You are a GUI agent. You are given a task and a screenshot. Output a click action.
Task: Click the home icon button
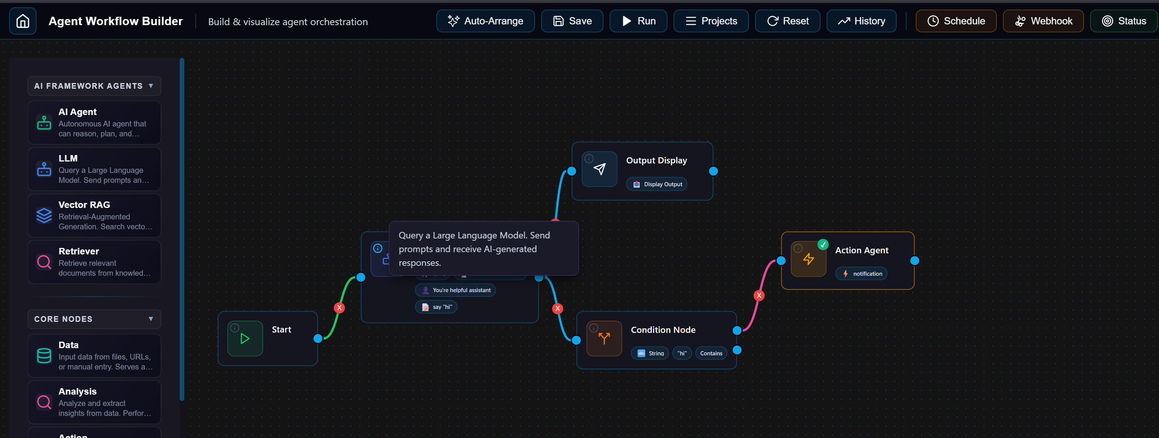22,21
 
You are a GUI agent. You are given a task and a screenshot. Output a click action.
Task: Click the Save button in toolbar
572,21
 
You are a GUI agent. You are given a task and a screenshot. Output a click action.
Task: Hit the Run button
638,21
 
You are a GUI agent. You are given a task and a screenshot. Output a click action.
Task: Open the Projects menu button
710,21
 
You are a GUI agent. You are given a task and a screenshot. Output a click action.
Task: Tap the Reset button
787,21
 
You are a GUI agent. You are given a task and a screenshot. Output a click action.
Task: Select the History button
861,21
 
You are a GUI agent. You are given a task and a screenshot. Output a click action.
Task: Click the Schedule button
956,21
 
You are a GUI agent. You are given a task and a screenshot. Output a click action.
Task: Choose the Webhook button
1043,21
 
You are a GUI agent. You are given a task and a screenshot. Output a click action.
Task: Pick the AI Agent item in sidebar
94,122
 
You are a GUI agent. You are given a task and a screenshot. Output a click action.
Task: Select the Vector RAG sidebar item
94,215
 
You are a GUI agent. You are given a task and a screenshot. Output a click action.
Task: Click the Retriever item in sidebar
94,262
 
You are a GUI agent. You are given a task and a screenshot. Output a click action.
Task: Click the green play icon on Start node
245,339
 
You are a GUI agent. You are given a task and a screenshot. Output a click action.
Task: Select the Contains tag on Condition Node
711,353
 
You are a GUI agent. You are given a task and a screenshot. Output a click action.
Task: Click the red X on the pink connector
759,295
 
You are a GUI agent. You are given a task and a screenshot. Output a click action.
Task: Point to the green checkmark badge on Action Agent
823,245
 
